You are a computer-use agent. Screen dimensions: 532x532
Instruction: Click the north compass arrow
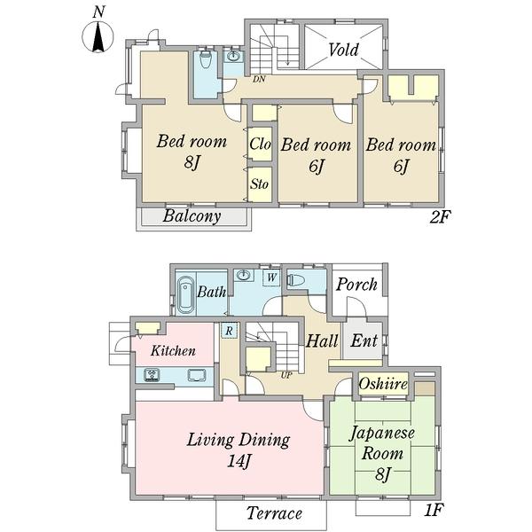pos(98,36)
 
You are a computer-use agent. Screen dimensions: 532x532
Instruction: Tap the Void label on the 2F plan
pos(343,50)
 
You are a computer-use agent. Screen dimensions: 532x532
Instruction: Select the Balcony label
pos(192,216)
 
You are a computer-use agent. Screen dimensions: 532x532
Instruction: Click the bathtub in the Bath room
pos(185,293)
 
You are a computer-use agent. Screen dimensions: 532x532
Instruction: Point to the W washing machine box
pos(271,278)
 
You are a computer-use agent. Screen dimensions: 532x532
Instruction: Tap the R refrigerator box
pos(229,330)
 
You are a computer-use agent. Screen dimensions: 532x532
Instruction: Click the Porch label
pos(356,285)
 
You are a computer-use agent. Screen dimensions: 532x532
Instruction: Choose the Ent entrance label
pos(364,340)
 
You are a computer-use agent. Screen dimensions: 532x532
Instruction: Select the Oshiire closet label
pos(383,384)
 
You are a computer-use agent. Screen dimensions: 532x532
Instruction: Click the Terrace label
pos(274,513)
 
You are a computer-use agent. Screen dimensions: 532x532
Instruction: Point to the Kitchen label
pos(173,351)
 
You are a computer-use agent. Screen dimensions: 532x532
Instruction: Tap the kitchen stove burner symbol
pos(152,375)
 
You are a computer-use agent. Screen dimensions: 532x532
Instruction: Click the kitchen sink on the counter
pos(197,375)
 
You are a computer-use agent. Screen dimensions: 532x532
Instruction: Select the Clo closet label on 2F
pos(260,144)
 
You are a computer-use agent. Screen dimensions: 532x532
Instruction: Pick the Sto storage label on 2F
pos(260,184)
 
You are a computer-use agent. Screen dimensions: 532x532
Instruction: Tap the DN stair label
pos(259,80)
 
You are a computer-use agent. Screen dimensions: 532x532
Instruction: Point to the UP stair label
pos(286,375)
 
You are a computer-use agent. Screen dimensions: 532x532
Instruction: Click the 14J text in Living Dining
pos(239,461)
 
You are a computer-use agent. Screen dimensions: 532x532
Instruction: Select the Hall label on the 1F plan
pos(322,340)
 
